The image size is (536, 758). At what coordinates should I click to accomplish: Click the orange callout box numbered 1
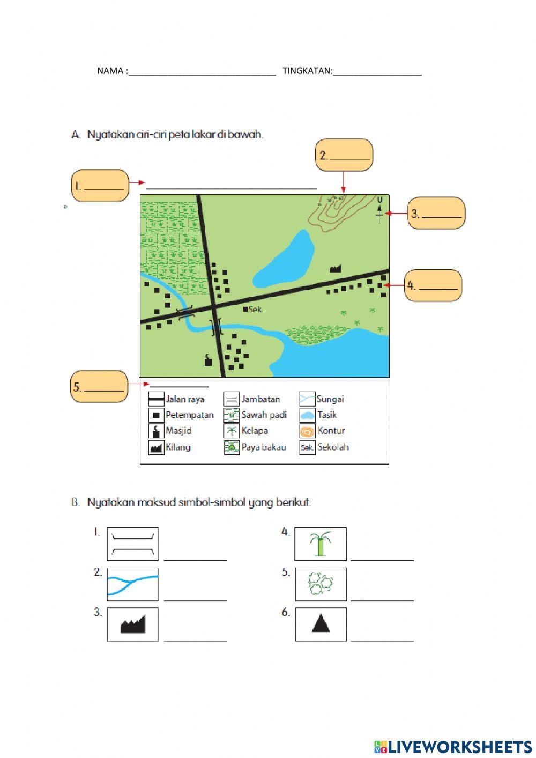[x=100, y=186]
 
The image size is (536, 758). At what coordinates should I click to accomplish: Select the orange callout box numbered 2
[x=344, y=155]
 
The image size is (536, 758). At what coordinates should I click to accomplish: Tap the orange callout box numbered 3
[x=436, y=213]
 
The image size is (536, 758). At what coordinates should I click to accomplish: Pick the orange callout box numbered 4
[x=433, y=285]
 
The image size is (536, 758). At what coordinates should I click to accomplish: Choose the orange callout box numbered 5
[x=100, y=386]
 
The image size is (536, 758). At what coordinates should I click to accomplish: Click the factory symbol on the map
[x=336, y=269]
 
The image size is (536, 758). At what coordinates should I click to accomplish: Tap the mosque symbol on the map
[x=207, y=359]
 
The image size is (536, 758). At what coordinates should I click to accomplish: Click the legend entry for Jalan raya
[x=176, y=399]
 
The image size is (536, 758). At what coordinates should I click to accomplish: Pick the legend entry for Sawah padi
[x=255, y=415]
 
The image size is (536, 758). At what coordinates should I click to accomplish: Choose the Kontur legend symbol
[x=307, y=431]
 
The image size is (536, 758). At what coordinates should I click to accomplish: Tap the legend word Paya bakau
[x=264, y=447]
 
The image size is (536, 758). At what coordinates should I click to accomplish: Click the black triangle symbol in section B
[x=321, y=624]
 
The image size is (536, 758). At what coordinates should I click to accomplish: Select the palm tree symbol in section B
[x=321, y=544]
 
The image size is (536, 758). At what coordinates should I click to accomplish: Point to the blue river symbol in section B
[x=132, y=584]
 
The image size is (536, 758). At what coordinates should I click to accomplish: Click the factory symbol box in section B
[x=132, y=624]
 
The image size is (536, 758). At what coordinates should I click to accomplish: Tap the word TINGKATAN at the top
[x=307, y=71]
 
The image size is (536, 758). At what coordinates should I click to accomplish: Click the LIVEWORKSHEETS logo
[x=453, y=746]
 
